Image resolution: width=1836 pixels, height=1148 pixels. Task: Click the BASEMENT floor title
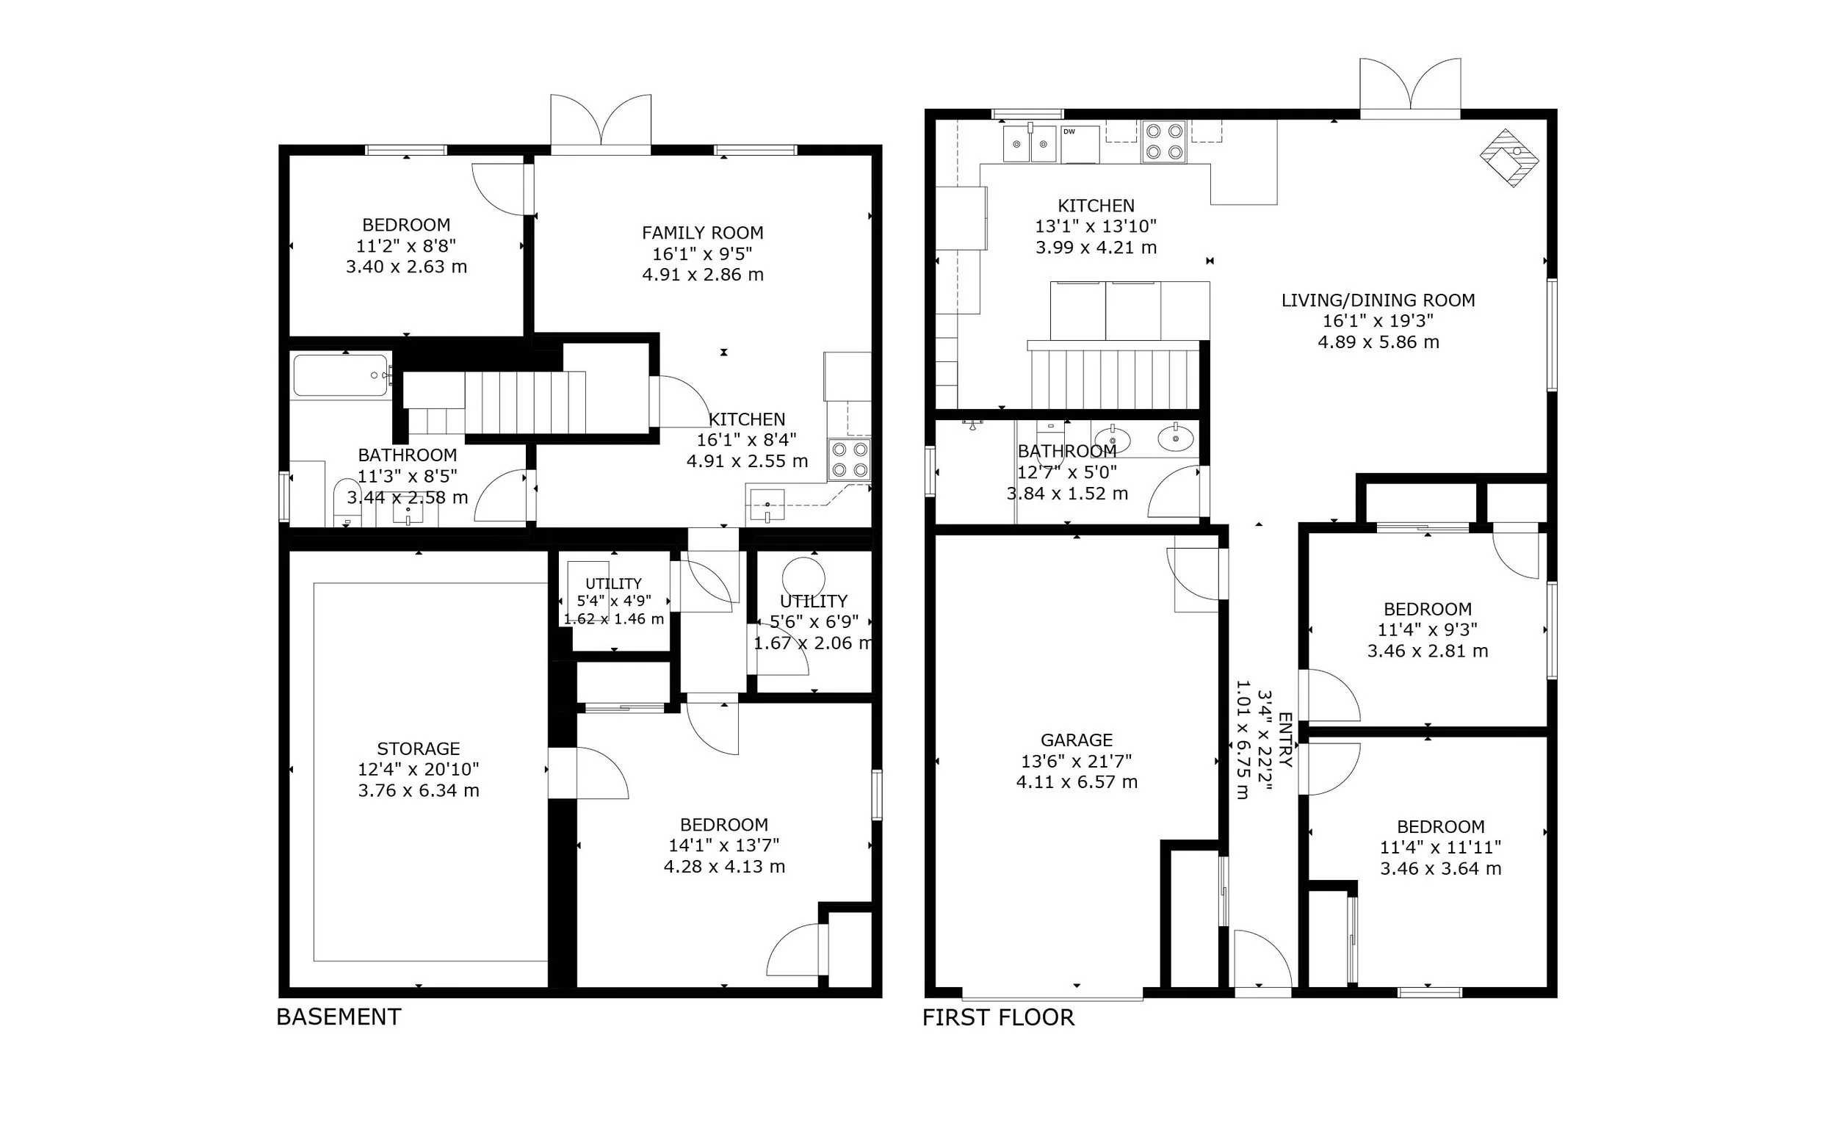pyautogui.click(x=339, y=1017)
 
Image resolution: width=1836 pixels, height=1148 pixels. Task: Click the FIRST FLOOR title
pyautogui.click(x=998, y=1017)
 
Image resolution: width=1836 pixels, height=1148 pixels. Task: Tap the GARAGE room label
pyautogui.click(x=1076, y=740)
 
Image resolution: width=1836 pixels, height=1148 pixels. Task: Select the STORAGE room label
pyautogui.click(x=418, y=748)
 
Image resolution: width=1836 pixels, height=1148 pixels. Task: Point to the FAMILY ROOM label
pyautogui.click(x=703, y=233)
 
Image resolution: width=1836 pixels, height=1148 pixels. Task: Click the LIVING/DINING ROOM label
pyautogui.click(x=1378, y=300)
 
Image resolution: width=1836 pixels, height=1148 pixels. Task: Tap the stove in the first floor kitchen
pyautogui.click(x=1163, y=142)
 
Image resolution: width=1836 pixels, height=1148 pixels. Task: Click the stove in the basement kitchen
pyautogui.click(x=849, y=460)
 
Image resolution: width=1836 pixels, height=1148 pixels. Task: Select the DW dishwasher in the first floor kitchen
pyautogui.click(x=1080, y=144)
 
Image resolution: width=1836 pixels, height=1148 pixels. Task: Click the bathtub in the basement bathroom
pyautogui.click(x=342, y=375)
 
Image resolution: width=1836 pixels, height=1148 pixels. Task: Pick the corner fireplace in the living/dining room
pyautogui.click(x=1510, y=158)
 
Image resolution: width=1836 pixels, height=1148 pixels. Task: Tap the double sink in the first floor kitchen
pyautogui.click(x=1030, y=143)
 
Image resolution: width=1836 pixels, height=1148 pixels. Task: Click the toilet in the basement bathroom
pyautogui.click(x=348, y=502)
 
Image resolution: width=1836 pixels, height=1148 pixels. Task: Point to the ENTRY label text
pyautogui.click(x=1285, y=740)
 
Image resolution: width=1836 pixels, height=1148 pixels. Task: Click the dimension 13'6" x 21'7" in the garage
pyautogui.click(x=1076, y=761)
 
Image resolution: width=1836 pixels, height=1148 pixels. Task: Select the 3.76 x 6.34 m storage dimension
pyautogui.click(x=418, y=791)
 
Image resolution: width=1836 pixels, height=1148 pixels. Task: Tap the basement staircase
pyautogui.click(x=524, y=402)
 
